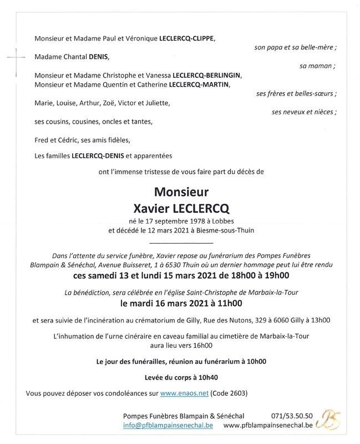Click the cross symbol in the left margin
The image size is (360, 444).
17,56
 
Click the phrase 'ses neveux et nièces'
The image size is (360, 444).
305,112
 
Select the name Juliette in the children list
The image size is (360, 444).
158,103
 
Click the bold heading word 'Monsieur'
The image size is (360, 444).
181,193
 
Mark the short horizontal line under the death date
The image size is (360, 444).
181,243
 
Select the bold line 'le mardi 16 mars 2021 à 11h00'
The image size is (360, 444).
181,303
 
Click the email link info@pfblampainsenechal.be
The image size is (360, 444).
168,425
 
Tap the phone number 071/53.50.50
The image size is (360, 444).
292,416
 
